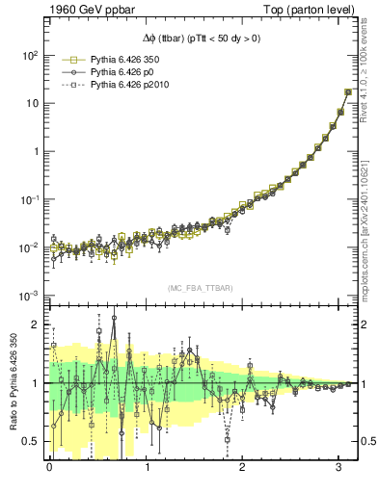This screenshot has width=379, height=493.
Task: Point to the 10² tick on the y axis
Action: (28, 55)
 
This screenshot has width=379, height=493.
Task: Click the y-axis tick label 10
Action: (31, 103)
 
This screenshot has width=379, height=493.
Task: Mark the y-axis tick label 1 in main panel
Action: (36, 151)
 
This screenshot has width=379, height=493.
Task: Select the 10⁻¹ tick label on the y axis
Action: (27, 199)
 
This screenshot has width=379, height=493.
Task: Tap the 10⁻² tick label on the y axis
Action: (27, 247)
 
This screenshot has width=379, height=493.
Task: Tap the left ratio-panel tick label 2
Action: (36, 325)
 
